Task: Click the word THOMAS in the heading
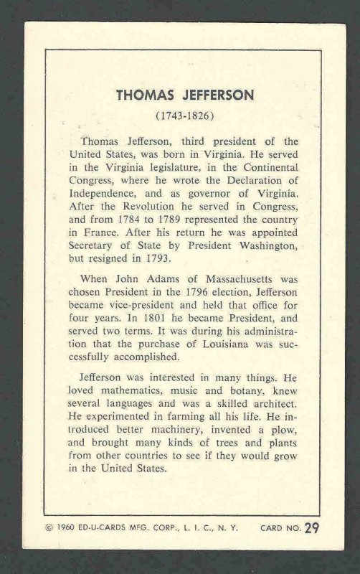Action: coord(143,95)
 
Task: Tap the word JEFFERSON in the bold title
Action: coord(204,95)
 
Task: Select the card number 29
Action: coord(311,548)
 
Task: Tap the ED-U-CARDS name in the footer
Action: coord(106,548)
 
